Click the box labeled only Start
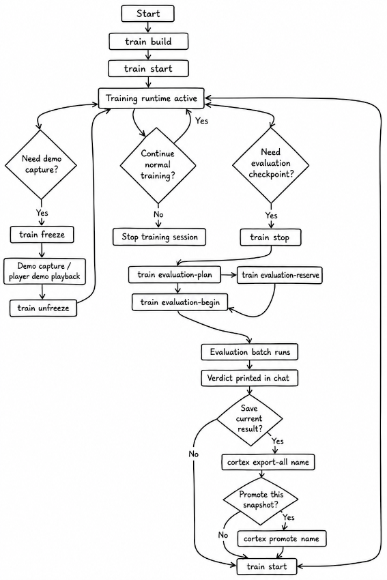[x=147, y=14]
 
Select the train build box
[x=148, y=41]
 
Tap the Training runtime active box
[x=151, y=98]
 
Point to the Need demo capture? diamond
[x=41, y=164]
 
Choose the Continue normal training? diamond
[x=158, y=164]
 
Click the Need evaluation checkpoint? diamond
[x=271, y=164]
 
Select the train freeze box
[x=42, y=235]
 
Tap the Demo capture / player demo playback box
[x=44, y=272]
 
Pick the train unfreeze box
[x=43, y=308]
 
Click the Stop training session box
[x=159, y=237]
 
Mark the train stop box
[x=270, y=237]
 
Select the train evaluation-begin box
[x=180, y=302]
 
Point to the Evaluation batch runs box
[x=250, y=352]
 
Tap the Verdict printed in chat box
[x=250, y=378]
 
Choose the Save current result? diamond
[x=250, y=419]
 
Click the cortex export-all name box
[x=268, y=462]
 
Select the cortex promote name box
[x=282, y=538]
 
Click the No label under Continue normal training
[x=158, y=214]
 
